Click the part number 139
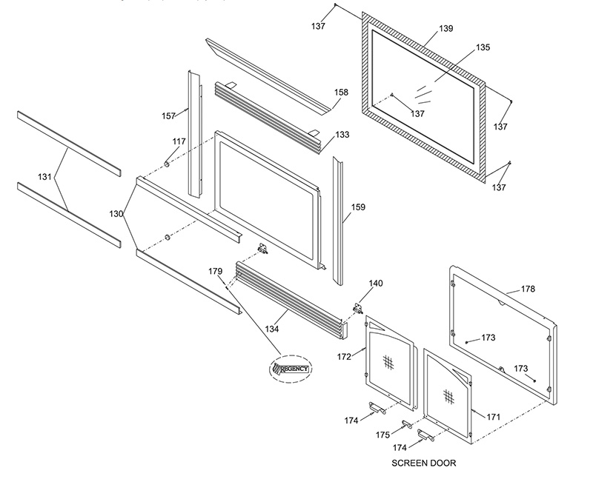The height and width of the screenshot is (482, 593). click(x=446, y=28)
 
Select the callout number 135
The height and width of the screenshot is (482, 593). click(x=483, y=47)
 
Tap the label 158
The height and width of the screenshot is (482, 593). click(x=341, y=92)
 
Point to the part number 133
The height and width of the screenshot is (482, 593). click(x=342, y=135)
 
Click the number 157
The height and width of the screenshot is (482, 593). click(x=169, y=116)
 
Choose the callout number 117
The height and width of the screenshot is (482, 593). click(x=179, y=141)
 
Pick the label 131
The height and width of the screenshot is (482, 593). click(x=44, y=176)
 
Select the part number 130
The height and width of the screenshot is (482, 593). click(x=116, y=214)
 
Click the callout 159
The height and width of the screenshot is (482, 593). click(x=358, y=207)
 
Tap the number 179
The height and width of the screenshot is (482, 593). click(x=215, y=271)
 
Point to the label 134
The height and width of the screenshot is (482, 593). click(x=272, y=329)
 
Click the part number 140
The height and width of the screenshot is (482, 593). click(x=376, y=284)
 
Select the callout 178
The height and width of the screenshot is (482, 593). click(x=528, y=289)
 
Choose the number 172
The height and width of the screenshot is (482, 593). click(x=344, y=356)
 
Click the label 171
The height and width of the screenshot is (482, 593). click(x=493, y=417)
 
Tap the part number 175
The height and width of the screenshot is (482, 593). click(x=382, y=435)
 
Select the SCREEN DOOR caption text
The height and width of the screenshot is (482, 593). click(x=423, y=463)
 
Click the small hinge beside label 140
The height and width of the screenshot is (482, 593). click(x=358, y=308)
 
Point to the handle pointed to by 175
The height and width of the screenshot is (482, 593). click(x=407, y=424)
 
